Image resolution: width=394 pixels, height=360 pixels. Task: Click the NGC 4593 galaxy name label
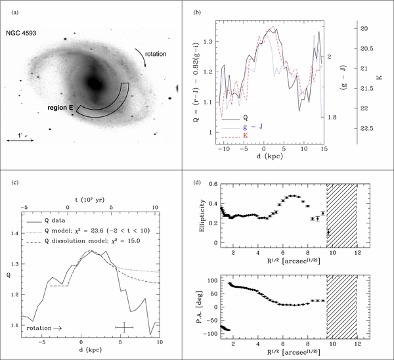[x=21, y=34]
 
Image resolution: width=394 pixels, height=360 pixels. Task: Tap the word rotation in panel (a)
[x=156, y=54]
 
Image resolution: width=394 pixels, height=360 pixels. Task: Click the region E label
[x=60, y=108]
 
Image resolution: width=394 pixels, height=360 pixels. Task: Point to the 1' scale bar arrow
[x=20, y=141]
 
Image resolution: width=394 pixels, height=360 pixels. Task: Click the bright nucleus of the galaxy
[x=94, y=83]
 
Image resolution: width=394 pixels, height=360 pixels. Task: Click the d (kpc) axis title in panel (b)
[x=270, y=156]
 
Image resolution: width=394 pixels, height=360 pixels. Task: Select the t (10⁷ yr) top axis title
[x=90, y=200]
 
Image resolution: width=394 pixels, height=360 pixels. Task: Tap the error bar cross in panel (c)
[x=124, y=327]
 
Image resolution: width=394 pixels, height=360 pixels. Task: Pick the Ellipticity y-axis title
[x=202, y=216]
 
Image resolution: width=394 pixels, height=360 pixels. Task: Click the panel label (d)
[x=197, y=183]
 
